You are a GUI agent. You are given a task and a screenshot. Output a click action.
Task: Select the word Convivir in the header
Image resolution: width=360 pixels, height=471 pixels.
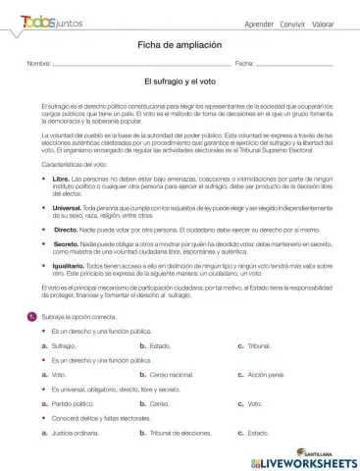(291, 22)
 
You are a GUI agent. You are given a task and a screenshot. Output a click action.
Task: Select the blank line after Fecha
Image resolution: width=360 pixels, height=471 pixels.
(294, 64)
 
